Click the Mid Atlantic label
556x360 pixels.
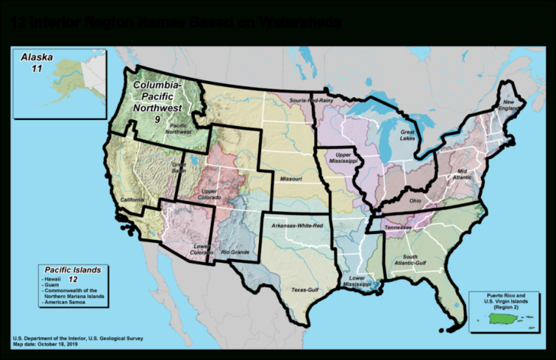(467, 174)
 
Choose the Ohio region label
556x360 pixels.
(415, 201)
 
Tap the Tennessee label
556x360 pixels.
(398, 229)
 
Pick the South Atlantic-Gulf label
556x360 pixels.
(420, 260)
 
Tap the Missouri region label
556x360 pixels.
(289, 180)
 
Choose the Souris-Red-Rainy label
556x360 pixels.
(310, 100)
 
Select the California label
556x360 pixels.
(132, 200)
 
